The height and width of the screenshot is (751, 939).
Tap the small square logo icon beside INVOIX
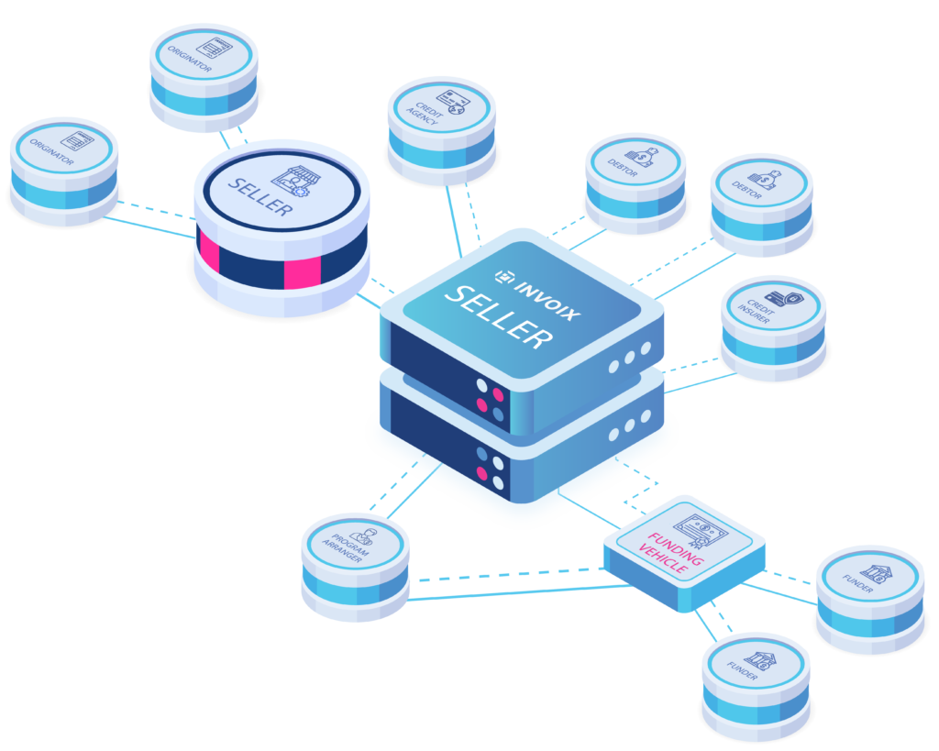pyautogui.click(x=503, y=272)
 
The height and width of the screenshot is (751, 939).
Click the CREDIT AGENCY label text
pyautogui.click(x=424, y=114)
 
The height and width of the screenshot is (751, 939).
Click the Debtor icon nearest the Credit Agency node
pyautogui.click(x=641, y=158)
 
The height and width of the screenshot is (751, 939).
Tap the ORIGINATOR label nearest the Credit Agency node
pyautogui.click(x=195, y=67)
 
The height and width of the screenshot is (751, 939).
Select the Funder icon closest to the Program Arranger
pyautogui.click(x=759, y=659)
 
